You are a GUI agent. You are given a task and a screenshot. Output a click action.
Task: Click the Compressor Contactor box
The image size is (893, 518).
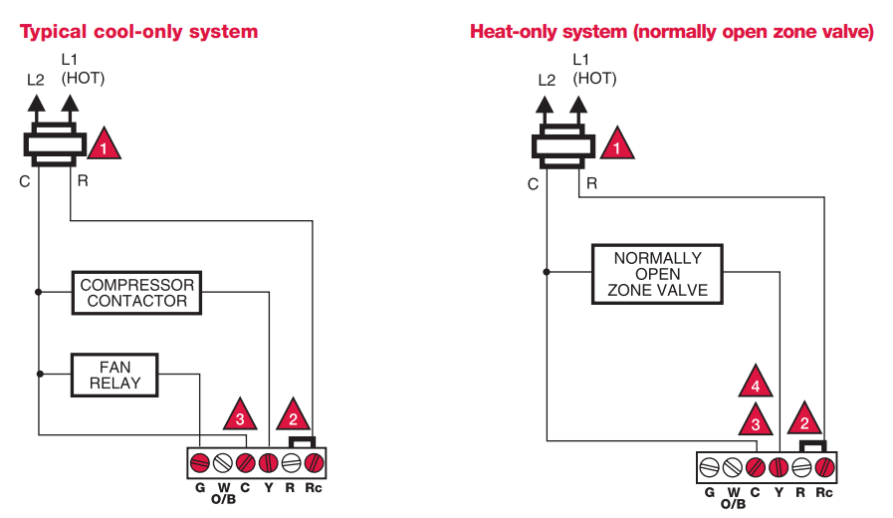pos(136,293)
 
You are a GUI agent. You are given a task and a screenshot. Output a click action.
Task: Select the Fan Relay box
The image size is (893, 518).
pos(114,375)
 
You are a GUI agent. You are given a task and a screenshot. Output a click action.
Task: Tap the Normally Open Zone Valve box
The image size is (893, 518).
pos(657,274)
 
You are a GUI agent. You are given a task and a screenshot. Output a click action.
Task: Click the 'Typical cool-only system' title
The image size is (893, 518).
pos(139,32)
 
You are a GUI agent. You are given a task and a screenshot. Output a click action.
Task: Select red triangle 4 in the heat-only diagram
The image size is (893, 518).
pos(756,385)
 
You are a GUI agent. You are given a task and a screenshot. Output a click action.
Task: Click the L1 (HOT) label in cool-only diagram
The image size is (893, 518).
pos(83,69)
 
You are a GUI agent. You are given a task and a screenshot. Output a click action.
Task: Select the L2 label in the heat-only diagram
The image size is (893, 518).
pos(547,80)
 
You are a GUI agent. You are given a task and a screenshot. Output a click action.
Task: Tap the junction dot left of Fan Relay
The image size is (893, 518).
pos(39,375)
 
